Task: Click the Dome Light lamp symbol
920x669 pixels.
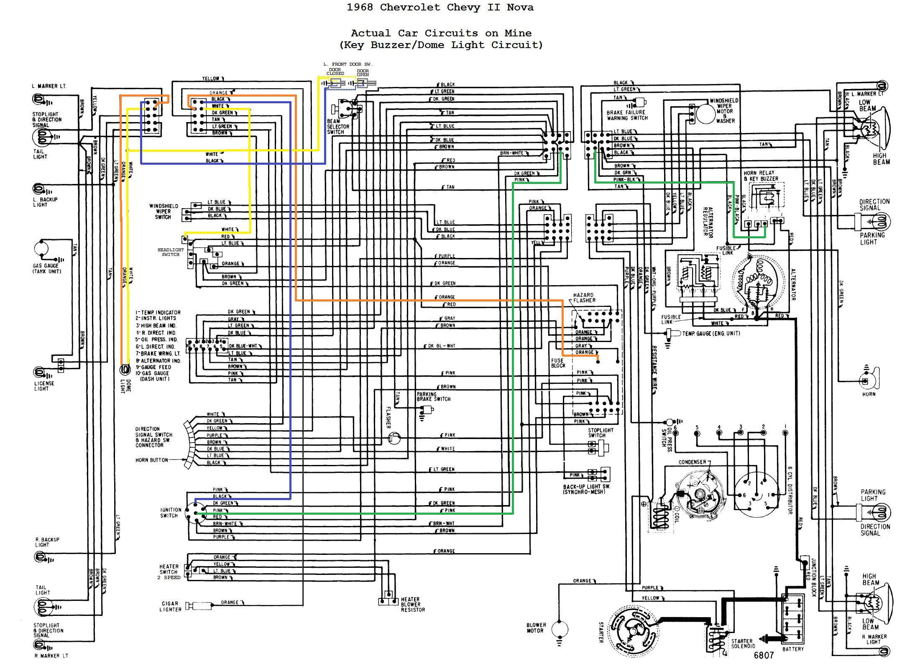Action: coord(125,370)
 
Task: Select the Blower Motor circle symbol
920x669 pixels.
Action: coord(560,628)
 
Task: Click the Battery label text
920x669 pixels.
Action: coord(793,649)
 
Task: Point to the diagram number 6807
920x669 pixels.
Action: coord(764,655)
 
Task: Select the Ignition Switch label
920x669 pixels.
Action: coord(171,513)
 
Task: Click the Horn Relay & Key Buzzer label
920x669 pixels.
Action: coord(761,176)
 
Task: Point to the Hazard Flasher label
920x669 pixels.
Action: coord(584,298)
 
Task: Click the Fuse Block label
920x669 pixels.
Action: coord(558,363)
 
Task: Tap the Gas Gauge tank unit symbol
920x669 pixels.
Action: coord(42,248)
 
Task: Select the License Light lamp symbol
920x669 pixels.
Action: coord(40,372)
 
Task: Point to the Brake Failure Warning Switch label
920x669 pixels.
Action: coord(627,115)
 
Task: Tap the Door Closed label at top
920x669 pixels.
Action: coord(335,71)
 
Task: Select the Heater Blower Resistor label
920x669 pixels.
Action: coord(413,605)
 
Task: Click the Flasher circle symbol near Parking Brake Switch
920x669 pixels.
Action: coord(394,438)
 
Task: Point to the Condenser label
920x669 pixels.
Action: coord(692,462)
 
